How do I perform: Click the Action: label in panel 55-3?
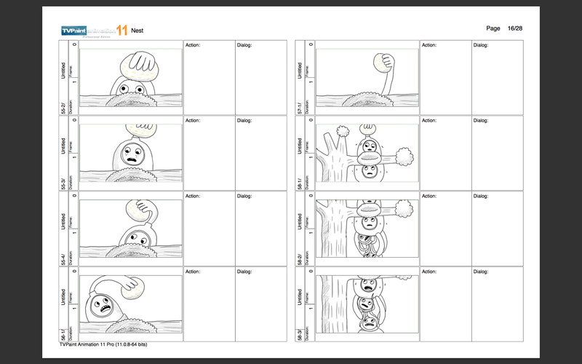point(193,121)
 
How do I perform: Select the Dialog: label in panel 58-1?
point(482,121)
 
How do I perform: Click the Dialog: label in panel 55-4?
point(245,197)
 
